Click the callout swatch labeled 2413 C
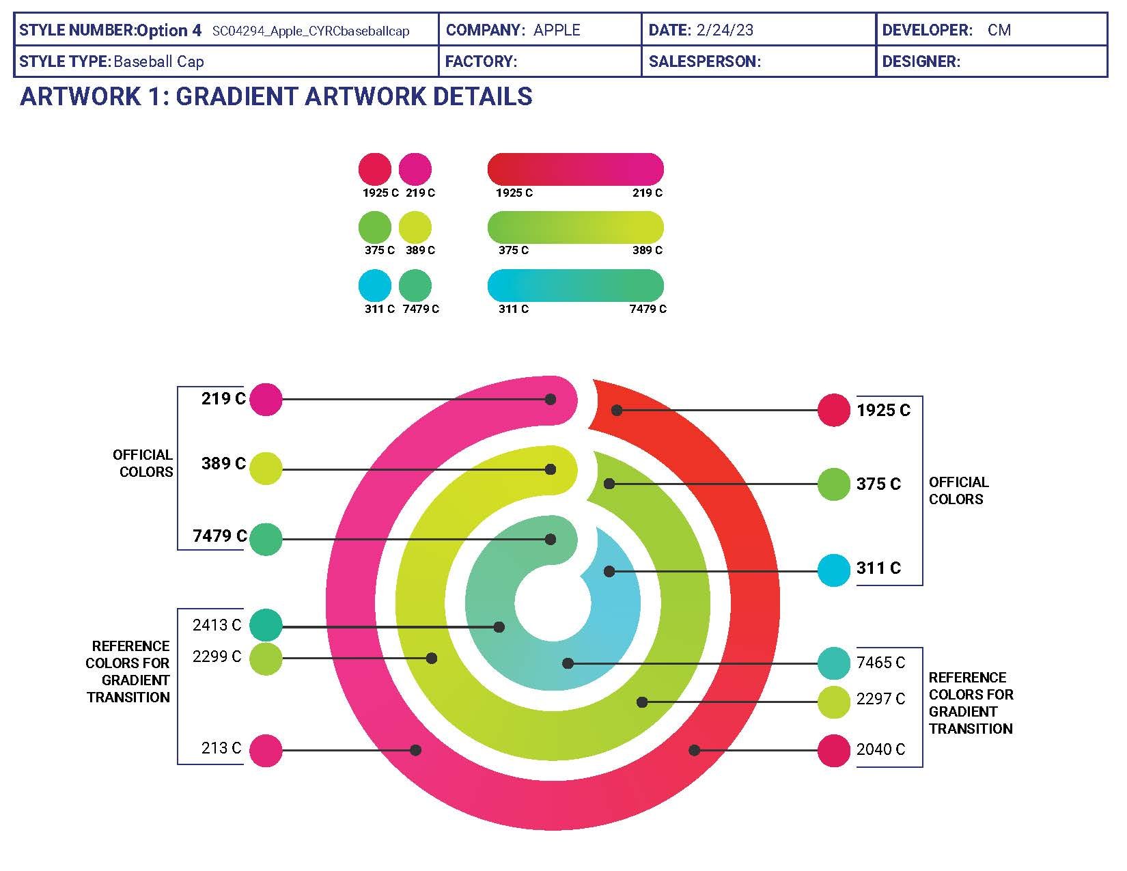click(266, 625)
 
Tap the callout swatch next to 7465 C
click(834, 663)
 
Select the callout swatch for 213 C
click(266, 750)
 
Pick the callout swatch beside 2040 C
click(834, 750)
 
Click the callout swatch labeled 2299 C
click(266, 659)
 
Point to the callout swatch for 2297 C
click(834, 702)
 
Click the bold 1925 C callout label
click(883, 411)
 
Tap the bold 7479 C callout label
click(219, 536)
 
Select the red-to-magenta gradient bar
click(575, 169)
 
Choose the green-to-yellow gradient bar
click(575, 227)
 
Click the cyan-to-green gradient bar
click(575, 285)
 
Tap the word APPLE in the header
click(557, 30)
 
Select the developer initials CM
click(999, 30)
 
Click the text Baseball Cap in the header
click(159, 61)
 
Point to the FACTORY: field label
click(481, 61)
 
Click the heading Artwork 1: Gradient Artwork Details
click(277, 96)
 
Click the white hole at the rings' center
click(553, 605)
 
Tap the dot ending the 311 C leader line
click(609, 571)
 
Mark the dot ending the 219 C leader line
click(551, 399)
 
